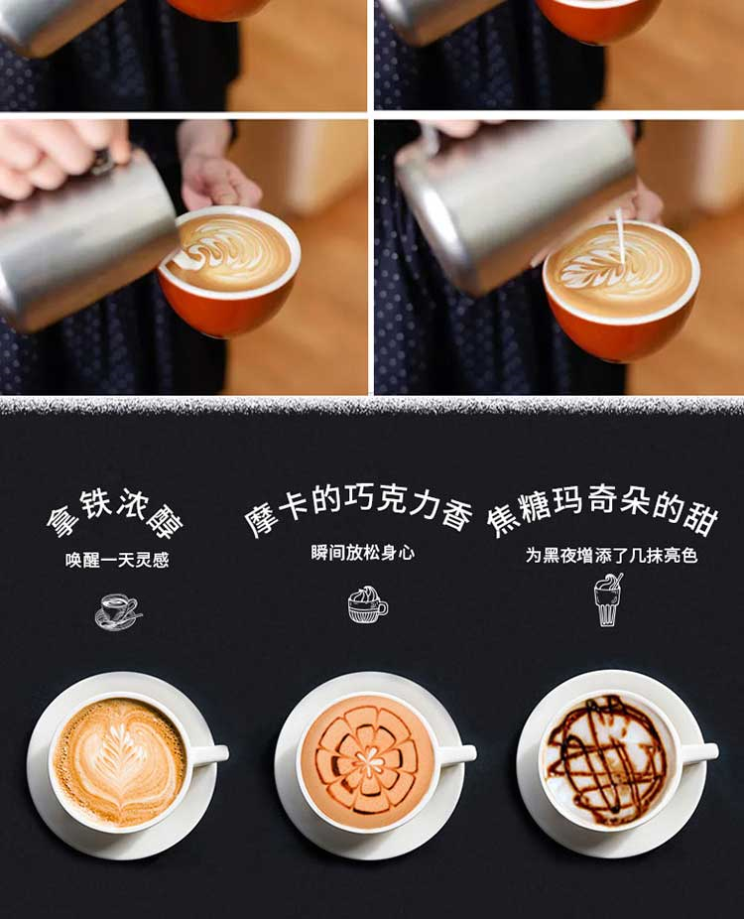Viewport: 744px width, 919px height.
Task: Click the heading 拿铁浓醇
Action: (x=114, y=512)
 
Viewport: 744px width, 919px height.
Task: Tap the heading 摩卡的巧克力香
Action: (x=358, y=507)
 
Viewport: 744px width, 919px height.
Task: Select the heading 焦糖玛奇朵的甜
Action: (x=603, y=509)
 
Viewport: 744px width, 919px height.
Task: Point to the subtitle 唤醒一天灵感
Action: (x=117, y=560)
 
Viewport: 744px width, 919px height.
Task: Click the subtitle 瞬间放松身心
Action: (x=363, y=553)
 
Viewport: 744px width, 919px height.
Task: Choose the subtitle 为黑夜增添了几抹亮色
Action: (x=611, y=555)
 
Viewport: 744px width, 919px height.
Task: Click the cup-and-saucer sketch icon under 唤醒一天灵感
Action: (x=118, y=611)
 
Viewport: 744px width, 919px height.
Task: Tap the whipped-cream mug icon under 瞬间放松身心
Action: (x=367, y=604)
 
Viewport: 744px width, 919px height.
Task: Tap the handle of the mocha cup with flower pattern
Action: (x=456, y=754)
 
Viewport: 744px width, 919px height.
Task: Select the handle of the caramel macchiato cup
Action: (x=699, y=752)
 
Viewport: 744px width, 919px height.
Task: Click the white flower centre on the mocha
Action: (x=368, y=762)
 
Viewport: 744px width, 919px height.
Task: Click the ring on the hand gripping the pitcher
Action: (x=102, y=163)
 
